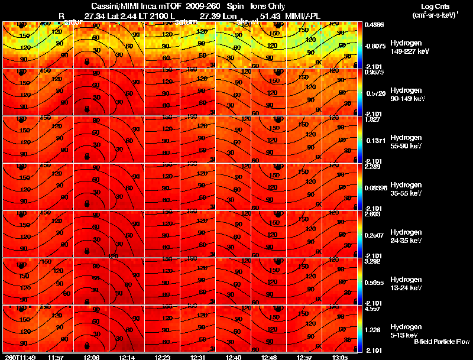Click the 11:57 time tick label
(57, 357)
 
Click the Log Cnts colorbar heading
(435, 7)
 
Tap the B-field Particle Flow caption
(442, 342)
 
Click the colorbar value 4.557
(372, 309)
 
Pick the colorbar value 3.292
(372, 261)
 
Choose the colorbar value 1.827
(372, 119)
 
